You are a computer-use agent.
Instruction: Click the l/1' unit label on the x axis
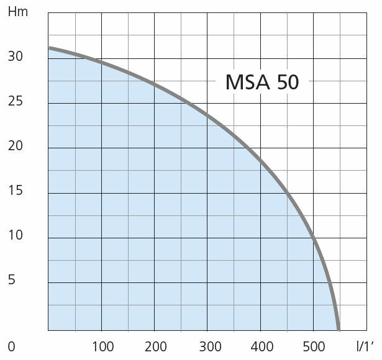point(366,346)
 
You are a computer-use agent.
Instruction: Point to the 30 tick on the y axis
point(15,56)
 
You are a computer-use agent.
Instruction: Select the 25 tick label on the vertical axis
point(15,101)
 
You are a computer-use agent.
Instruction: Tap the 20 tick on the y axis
point(15,146)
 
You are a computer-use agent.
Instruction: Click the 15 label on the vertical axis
point(15,191)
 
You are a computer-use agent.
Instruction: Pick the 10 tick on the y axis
point(15,235)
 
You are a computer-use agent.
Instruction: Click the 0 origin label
point(11,346)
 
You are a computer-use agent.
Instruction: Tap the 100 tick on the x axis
point(102,346)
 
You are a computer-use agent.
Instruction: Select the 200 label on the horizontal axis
point(155,346)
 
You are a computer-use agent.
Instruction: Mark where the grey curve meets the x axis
point(339,329)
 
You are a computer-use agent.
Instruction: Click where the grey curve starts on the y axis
point(50,48)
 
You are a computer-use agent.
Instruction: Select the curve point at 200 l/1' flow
point(155,84)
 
